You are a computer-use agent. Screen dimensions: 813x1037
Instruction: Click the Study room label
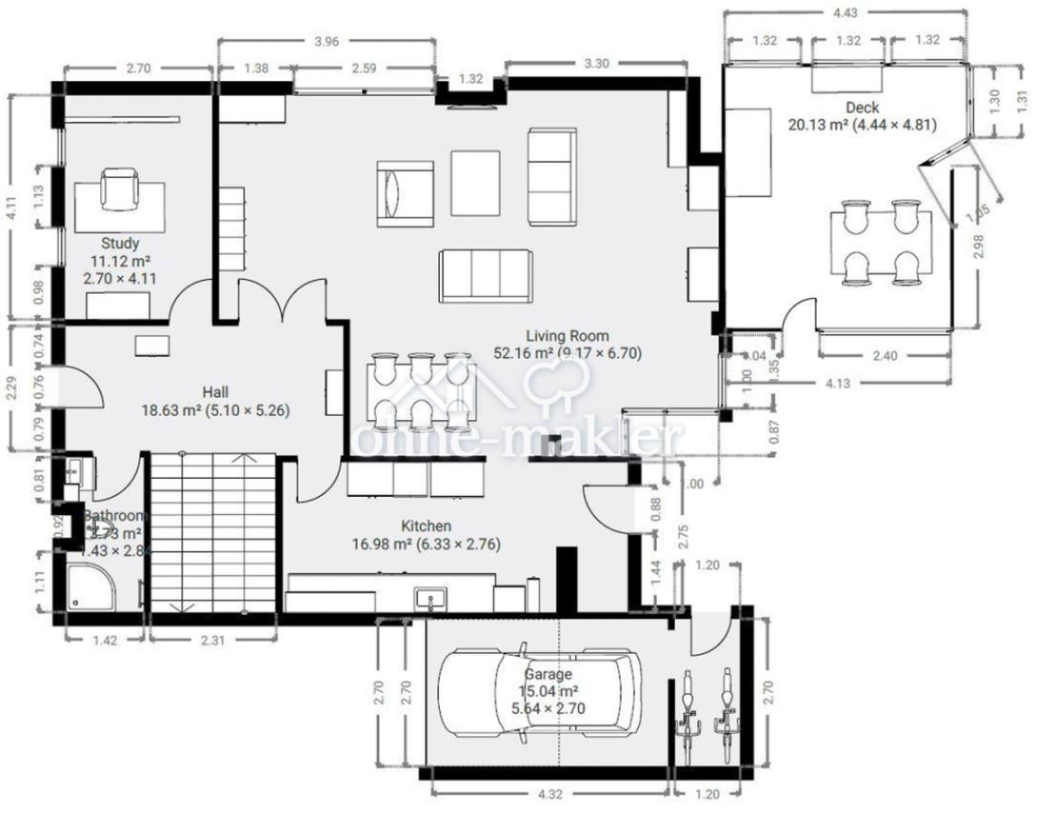point(119,244)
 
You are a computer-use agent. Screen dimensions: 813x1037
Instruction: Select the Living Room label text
point(567,337)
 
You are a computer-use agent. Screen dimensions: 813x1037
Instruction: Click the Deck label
point(863,108)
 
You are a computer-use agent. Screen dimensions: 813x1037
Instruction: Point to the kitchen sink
point(430,597)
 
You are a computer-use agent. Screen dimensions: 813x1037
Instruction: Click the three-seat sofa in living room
point(486,275)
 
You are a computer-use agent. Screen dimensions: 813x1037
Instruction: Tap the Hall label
point(215,392)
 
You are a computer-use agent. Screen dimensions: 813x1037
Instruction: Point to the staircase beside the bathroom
point(212,533)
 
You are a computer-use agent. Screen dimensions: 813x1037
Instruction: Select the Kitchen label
point(426,527)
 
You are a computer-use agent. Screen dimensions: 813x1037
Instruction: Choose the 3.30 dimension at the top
point(595,64)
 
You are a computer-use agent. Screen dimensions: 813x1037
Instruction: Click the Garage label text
point(547,675)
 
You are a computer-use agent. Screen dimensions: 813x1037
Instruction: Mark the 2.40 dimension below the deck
point(885,356)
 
